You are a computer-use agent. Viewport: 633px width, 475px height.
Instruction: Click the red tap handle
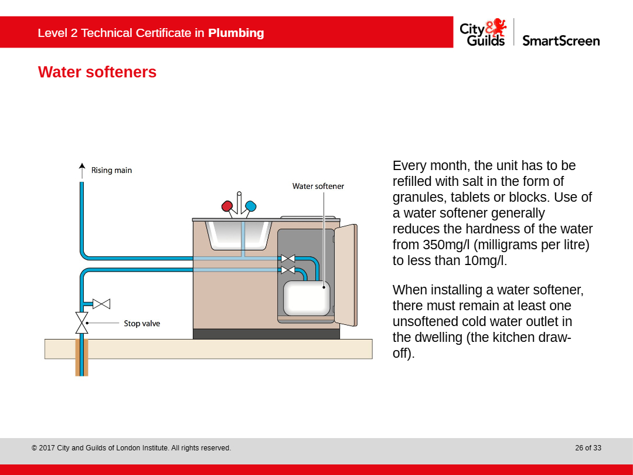pos(227,206)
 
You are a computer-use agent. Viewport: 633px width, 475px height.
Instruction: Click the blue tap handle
pos(250,206)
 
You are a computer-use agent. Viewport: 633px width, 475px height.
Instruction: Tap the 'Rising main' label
pos(111,171)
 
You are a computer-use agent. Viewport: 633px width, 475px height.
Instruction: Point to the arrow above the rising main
pos(82,169)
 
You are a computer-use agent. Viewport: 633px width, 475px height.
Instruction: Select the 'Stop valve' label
pos(142,323)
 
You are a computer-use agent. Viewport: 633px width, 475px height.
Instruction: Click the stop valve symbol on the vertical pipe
pos(82,323)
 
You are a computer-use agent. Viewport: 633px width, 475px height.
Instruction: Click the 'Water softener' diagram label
pos(318,186)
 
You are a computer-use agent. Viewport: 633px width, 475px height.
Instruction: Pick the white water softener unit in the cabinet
pos(307,298)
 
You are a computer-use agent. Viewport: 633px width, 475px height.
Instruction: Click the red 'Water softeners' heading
pos(97,72)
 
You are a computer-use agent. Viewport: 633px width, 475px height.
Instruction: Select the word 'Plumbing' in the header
pos(236,33)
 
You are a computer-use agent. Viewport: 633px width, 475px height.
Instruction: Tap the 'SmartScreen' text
pos(561,40)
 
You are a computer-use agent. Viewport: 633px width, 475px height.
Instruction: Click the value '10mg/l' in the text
pos(484,260)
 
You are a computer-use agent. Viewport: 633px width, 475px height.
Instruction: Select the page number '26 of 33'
pos(588,448)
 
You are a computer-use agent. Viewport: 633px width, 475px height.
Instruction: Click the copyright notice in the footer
pos(131,448)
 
